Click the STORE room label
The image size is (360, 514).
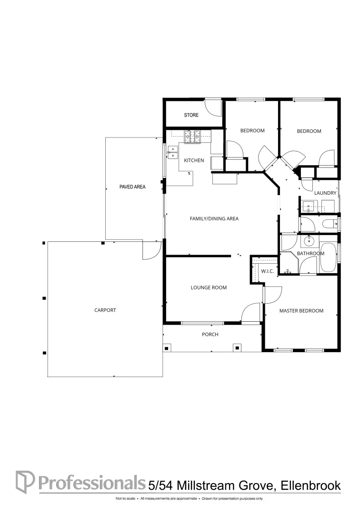[x=191, y=115]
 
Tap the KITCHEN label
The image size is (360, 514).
[x=194, y=160]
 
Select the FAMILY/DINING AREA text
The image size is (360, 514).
[x=214, y=219]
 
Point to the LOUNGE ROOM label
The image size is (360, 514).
[x=209, y=287]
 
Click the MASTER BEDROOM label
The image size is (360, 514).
[x=301, y=311]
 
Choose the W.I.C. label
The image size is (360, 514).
[x=267, y=271]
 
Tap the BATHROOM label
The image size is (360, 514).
[x=310, y=254]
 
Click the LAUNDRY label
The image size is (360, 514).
[x=325, y=193]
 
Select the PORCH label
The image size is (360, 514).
[x=210, y=335]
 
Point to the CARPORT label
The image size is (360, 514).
[x=105, y=310]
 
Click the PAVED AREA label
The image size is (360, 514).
[x=132, y=187]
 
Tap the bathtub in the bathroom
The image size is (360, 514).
[x=328, y=257]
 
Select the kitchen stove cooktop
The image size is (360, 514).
[x=193, y=137]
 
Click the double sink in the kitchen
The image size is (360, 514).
[x=172, y=151]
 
